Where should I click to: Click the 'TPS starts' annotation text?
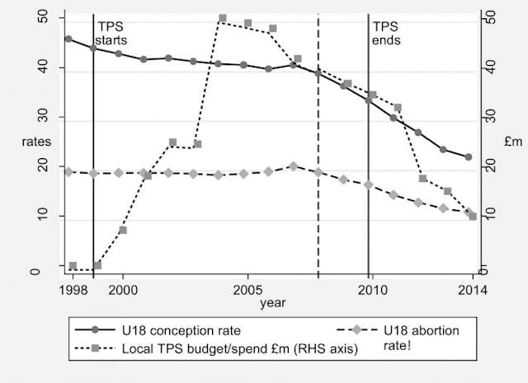tap(112, 33)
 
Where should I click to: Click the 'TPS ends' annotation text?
tap(385, 33)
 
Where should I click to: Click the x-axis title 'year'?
tap(273, 304)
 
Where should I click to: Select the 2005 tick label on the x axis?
tap(247, 289)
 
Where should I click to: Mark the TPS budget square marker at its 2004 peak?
tap(223, 18)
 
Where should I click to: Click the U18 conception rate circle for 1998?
tap(68, 39)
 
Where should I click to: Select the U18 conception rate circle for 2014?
tap(469, 156)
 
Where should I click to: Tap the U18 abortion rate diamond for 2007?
tap(293, 166)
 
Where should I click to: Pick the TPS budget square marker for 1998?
tap(73, 266)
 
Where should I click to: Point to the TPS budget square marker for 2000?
tap(123, 230)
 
